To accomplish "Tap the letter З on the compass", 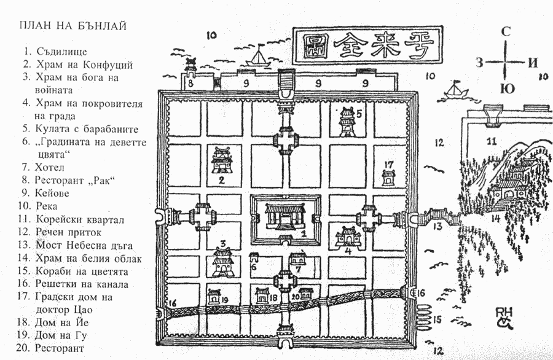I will coord(480,62).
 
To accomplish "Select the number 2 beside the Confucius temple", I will coord(220,181).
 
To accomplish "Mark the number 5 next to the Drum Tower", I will coord(359,113).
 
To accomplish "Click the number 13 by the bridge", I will coord(436,227).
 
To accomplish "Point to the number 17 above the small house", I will coord(388,164).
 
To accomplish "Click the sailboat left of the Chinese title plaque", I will coord(259,58).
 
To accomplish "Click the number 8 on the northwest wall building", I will coord(190,82).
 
